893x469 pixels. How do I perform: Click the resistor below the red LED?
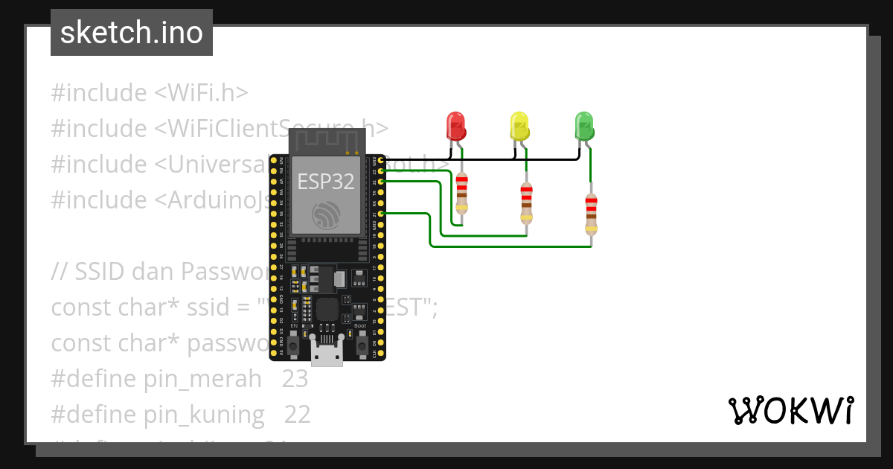click(x=461, y=193)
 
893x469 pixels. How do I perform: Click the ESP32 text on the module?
click(x=327, y=182)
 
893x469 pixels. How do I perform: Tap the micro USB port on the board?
click(x=327, y=356)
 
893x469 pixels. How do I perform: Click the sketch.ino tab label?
click(x=132, y=33)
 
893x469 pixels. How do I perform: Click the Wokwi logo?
click(x=790, y=410)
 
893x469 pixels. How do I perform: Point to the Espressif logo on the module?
click(x=327, y=215)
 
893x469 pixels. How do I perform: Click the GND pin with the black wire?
click(x=381, y=160)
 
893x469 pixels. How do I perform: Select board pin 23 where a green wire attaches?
click(x=381, y=170)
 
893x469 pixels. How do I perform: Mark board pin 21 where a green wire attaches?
click(x=381, y=214)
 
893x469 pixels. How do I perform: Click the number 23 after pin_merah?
click(x=295, y=379)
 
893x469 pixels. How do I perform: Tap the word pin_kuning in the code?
click(x=204, y=415)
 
